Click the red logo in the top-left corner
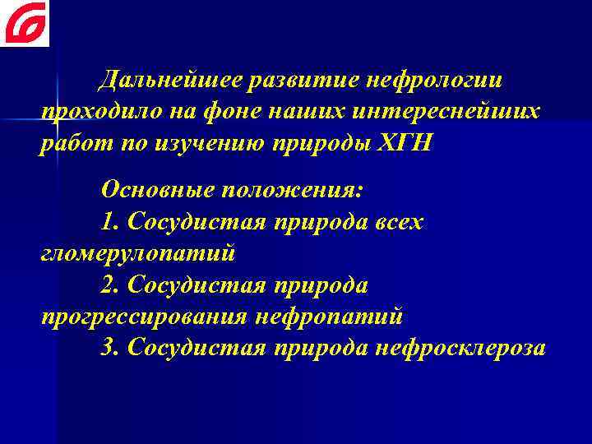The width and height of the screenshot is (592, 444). [x=25, y=23]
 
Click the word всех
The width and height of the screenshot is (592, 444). [x=395, y=221]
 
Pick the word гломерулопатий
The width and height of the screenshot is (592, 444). [x=138, y=253]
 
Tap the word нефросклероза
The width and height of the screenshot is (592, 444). [x=460, y=348]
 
